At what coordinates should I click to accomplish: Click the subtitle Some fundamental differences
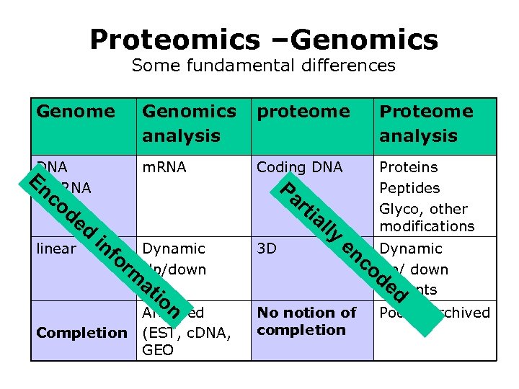tap(263, 66)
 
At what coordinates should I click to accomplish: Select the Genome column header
tap(75, 112)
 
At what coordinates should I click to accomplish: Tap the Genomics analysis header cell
tap(189, 123)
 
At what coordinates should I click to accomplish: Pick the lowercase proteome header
tap(303, 112)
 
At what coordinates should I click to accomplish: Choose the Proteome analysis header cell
tap(426, 123)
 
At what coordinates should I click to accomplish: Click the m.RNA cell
tap(164, 167)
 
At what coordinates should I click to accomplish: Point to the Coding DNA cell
tap(300, 167)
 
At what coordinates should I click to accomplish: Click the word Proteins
tap(409, 167)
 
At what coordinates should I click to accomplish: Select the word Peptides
tap(409, 188)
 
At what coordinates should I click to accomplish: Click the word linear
tap(56, 249)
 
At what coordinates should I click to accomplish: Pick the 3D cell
tap(267, 249)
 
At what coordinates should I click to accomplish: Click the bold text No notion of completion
tap(306, 321)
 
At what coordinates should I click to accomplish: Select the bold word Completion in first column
tap(81, 333)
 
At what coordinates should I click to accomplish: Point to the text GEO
tap(158, 350)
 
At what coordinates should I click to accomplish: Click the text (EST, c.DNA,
tap(186, 333)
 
